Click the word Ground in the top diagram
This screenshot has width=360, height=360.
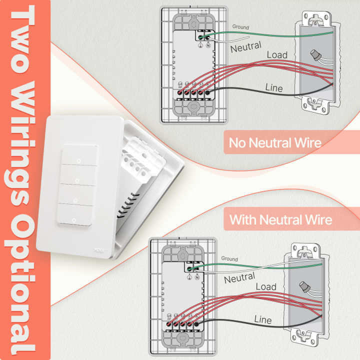point(240,27)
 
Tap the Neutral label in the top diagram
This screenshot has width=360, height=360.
point(245,47)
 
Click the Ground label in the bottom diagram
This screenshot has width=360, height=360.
point(229,259)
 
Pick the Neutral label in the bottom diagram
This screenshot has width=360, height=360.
point(239,277)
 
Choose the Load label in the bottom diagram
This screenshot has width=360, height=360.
point(265,287)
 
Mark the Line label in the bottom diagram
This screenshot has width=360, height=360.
point(263,319)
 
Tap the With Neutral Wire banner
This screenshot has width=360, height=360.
point(280,219)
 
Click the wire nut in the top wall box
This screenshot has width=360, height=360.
point(315,54)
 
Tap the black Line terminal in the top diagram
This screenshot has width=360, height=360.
point(206,92)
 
